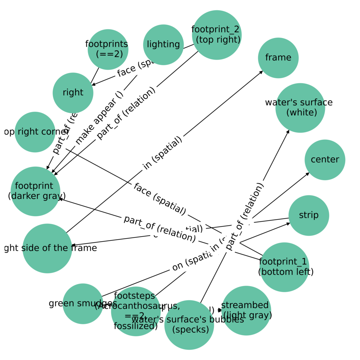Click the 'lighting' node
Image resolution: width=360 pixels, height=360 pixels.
click(x=163, y=45)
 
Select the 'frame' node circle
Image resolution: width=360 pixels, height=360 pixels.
click(x=278, y=58)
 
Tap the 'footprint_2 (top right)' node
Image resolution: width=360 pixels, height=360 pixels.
click(x=216, y=35)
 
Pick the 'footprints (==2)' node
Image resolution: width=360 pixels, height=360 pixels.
click(x=108, y=49)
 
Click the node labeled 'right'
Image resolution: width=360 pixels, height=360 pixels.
click(x=73, y=93)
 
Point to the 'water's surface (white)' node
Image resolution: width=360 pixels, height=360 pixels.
click(x=300, y=108)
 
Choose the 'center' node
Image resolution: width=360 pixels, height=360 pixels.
click(x=325, y=159)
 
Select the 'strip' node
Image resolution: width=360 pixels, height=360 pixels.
click(x=308, y=215)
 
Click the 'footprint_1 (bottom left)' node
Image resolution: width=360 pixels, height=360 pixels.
click(x=284, y=267)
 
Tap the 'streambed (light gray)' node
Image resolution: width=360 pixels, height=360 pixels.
click(x=246, y=310)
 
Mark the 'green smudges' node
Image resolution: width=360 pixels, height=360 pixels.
click(x=83, y=303)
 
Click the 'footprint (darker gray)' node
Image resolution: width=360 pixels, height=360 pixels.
click(x=35, y=191)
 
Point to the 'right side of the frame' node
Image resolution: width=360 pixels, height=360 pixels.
click(x=47, y=248)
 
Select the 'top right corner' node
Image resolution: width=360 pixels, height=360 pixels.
click(x=35, y=132)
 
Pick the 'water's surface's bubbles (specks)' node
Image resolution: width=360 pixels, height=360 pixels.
click(x=189, y=325)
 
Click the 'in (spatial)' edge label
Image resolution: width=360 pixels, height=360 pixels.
click(x=163, y=153)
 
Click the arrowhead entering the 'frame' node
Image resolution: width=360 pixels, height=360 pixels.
click(x=262, y=71)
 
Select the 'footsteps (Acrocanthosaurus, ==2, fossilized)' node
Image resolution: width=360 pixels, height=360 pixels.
click(x=136, y=311)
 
